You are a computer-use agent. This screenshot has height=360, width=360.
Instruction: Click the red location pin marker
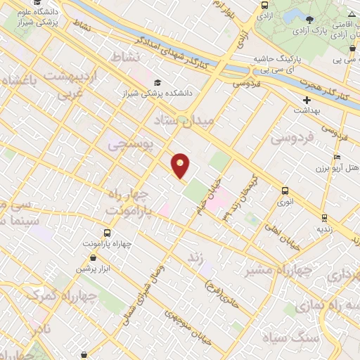181,165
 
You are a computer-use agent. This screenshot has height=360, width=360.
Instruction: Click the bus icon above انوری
285,191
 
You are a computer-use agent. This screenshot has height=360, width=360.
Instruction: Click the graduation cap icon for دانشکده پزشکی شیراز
156,82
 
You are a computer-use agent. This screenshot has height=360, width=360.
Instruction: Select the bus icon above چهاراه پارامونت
107,233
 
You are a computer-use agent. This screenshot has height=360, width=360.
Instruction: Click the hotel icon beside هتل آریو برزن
337,157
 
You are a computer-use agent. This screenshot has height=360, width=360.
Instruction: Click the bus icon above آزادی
264,4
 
